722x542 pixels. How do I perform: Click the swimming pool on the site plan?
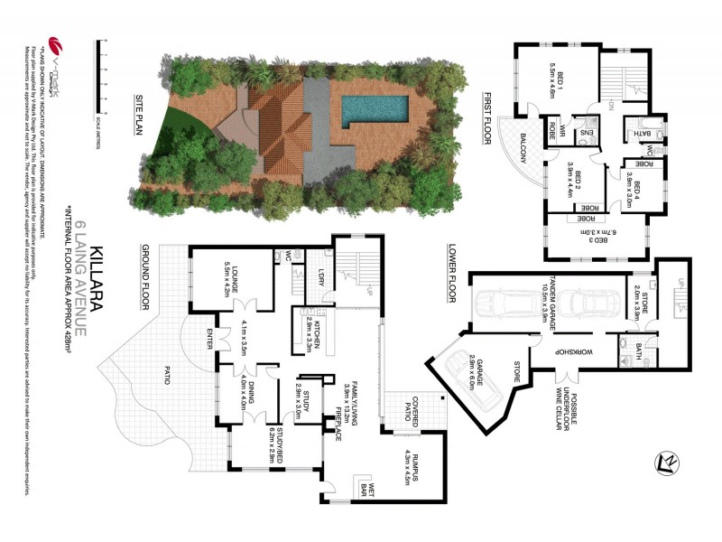pos(375,110)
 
